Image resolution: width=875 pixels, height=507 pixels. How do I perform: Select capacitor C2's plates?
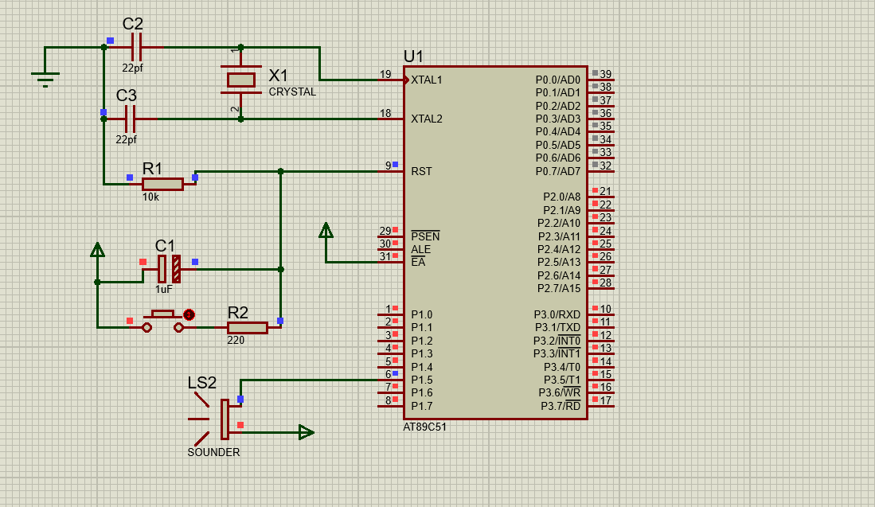(136, 48)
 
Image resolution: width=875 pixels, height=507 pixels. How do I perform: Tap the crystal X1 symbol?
(241, 80)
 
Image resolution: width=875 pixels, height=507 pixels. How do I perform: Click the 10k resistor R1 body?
(162, 184)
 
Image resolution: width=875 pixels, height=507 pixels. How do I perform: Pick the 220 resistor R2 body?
(247, 328)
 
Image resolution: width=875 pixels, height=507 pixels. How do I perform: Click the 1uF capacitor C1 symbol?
(169, 269)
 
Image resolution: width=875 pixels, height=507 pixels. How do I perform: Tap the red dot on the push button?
(189, 315)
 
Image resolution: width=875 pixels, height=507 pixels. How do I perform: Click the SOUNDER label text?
(213, 452)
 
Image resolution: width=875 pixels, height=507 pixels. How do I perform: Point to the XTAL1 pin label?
(426, 80)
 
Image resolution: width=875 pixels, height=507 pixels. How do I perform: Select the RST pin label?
(421, 171)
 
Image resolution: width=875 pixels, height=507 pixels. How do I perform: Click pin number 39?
(605, 74)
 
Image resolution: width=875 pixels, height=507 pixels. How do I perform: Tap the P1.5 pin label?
(422, 380)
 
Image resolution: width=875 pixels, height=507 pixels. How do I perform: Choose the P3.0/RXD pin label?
(557, 314)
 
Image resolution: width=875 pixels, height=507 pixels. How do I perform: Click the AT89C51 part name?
(424, 427)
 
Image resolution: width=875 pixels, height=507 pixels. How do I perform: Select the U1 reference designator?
(413, 57)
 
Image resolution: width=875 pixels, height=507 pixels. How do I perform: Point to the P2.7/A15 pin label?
(559, 288)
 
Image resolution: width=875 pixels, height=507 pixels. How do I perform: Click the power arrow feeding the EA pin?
(326, 230)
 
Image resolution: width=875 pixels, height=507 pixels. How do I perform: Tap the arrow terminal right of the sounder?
(307, 432)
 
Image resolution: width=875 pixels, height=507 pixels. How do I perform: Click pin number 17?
(605, 400)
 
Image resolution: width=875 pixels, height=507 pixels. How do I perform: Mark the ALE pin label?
(420, 249)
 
